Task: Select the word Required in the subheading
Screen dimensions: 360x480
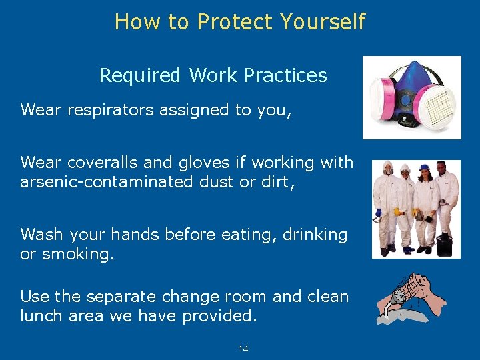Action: pyautogui.click(x=140, y=75)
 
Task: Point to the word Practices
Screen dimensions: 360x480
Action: pyautogui.click(x=285, y=75)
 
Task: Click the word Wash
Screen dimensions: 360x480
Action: pyautogui.click(x=41, y=234)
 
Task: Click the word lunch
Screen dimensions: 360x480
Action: pyautogui.click(x=42, y=315)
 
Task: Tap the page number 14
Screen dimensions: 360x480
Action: pyautogui.click(x=243, y=349)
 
